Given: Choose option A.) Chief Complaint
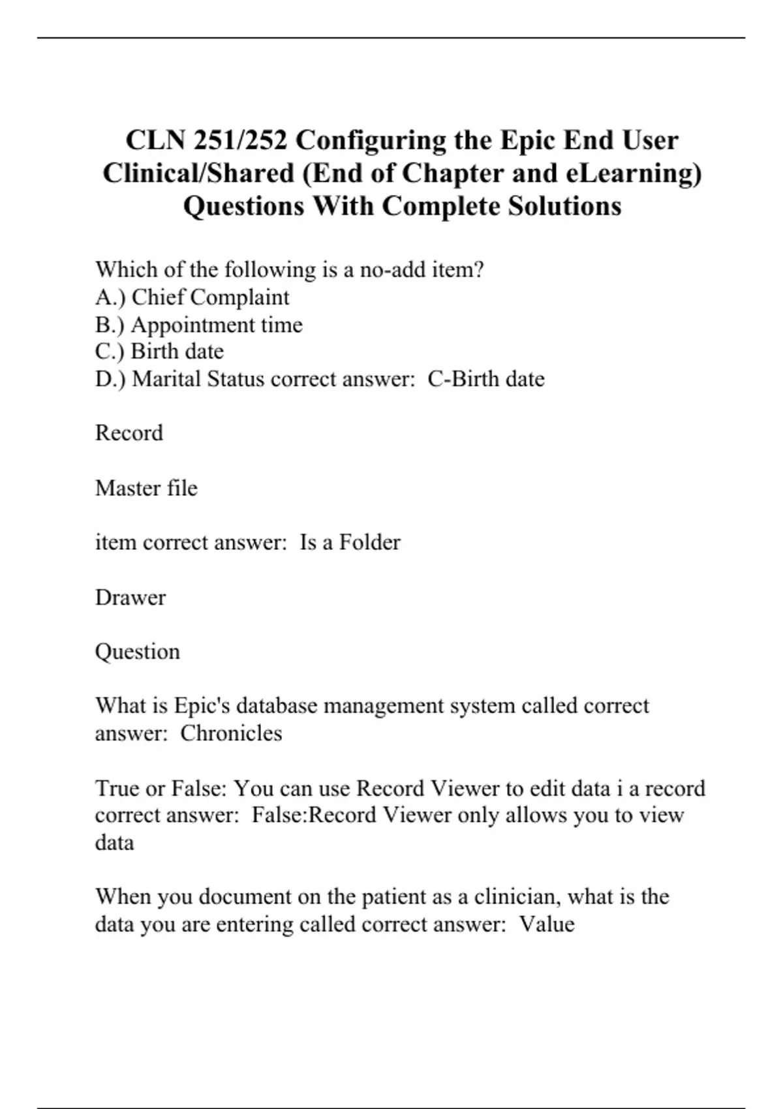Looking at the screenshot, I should click(192, 297).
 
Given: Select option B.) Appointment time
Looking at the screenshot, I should click(198, 325).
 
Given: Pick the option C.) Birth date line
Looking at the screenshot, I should click(159, 352).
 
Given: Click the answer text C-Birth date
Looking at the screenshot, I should click(486, 379).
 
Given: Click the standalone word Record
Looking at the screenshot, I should click(129, 433).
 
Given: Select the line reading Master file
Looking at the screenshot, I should click(146, 488).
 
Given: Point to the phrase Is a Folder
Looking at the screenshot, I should click(350, 542).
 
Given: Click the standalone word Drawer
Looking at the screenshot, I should click(130, 598).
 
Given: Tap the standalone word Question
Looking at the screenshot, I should click(138, 652).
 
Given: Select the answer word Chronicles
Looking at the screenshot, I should click(231, 733).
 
